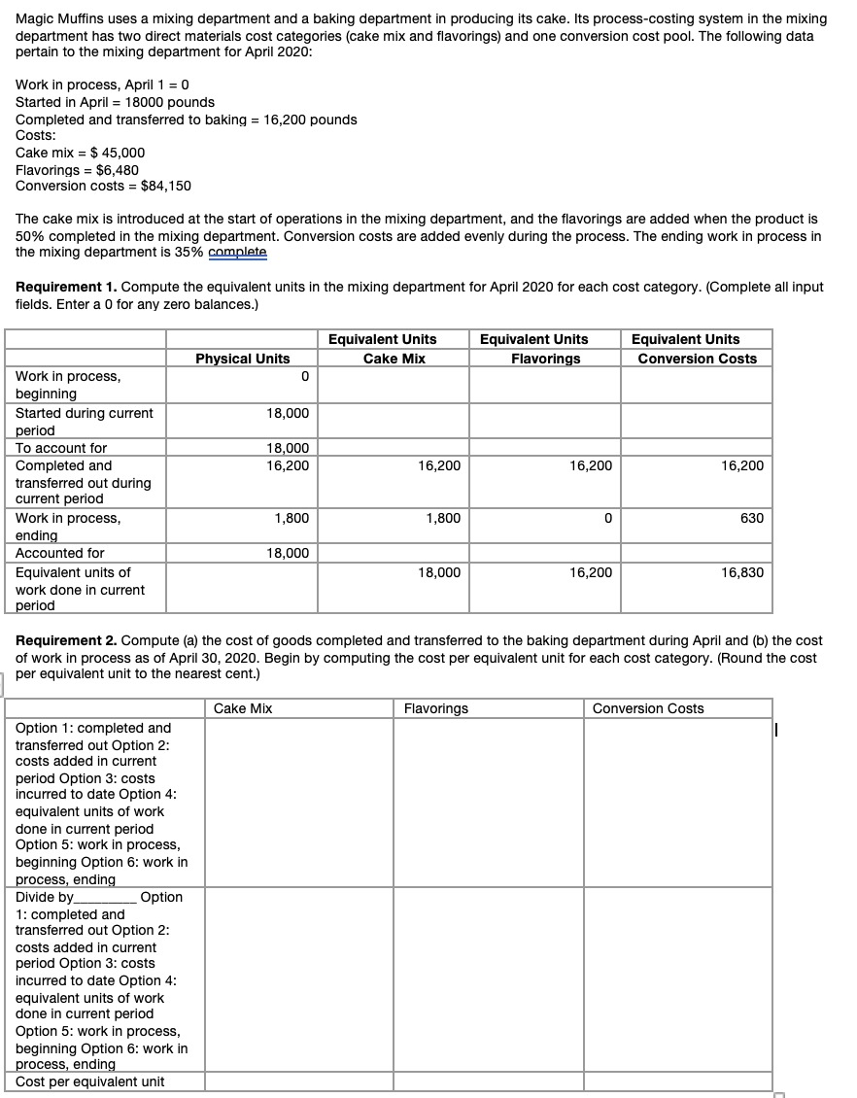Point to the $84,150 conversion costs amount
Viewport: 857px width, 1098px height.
(x=165, y=186)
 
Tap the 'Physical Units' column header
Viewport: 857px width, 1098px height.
(x=242, y=359)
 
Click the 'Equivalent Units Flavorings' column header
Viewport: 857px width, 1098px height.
(x=545, y=349)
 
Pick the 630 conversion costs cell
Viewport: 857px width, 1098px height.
(x=751, y=518)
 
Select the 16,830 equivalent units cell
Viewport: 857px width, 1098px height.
(x=742, y=572)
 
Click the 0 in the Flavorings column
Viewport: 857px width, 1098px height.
(x=607, y=518)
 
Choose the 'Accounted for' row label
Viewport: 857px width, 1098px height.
(x=60, y=553)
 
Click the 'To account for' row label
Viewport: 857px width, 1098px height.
(x=61, y=448)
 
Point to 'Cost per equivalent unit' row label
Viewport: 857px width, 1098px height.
(x=90, y=1081)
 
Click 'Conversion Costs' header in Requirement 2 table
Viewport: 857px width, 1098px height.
(x=648, y=708)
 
